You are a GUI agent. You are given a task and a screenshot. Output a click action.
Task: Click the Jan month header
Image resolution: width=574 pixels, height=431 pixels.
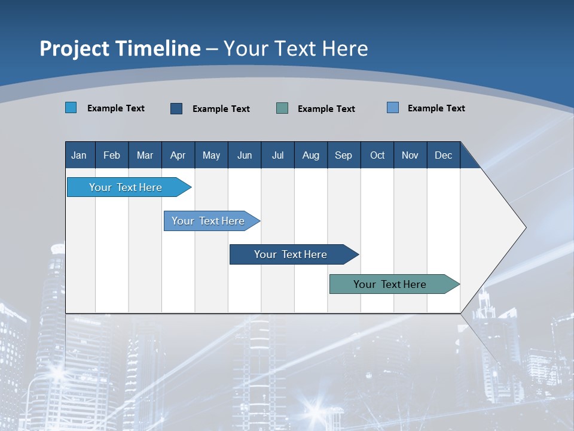tap(80, 155)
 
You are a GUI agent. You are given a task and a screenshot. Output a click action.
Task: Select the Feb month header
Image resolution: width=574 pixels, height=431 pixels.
tap(112, 155)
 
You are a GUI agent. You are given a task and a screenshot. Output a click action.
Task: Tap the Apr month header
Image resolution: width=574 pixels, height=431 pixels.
tap(178, 155)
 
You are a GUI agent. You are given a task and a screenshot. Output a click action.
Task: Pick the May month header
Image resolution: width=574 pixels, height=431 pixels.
tap(211, 155)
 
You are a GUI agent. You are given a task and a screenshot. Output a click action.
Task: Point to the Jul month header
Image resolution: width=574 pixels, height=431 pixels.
tap(277, 155)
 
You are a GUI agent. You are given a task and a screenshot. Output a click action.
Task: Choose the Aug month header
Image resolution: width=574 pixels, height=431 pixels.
tap(311, 155)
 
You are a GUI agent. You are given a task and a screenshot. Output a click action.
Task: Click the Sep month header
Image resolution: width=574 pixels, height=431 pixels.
tap(344, 155)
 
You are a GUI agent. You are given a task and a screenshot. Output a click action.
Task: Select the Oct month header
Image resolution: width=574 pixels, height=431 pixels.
tap(377, 155)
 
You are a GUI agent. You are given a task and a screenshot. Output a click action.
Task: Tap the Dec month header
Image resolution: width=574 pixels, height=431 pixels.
tap(444, 155)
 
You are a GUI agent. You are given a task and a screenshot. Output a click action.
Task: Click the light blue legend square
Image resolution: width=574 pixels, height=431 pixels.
tap(71, 108)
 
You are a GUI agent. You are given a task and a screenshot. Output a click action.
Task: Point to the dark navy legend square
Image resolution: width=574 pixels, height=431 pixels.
tap(176, 108)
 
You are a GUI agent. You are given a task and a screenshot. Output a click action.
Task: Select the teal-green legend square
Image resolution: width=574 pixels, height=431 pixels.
tap(282, 108)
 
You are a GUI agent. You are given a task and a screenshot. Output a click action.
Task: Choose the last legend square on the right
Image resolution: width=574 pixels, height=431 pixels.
tap(393, 108)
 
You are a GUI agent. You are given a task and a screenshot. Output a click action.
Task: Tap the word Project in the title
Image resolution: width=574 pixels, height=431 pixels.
tap(74, 48)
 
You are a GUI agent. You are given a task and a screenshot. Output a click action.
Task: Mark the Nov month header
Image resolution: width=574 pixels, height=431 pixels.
tap(410, 155)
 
